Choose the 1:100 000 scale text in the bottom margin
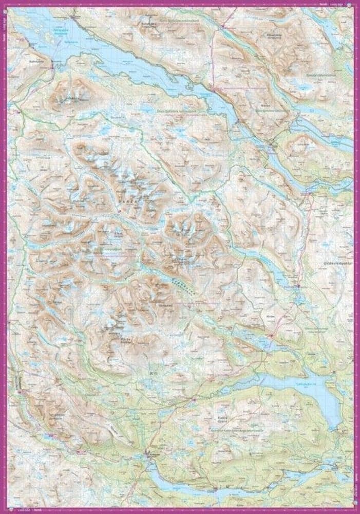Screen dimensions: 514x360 (x=23, y=510)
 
